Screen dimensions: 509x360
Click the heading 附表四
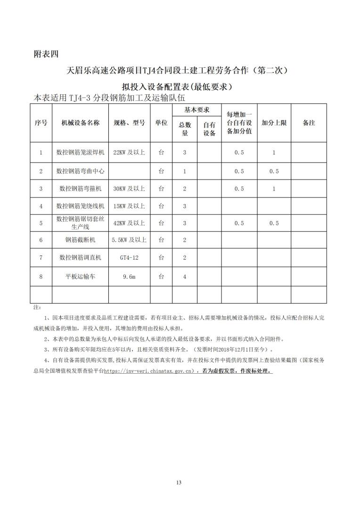[46, 53]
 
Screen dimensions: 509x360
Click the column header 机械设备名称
[80, 123]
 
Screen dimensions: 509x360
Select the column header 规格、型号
[129, 123]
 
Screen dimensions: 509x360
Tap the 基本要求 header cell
[196, 110]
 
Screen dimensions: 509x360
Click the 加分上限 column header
[274, 123]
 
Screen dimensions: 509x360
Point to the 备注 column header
[309, 123]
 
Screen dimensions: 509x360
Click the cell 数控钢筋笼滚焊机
[80, 153]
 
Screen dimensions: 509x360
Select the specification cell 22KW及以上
[129, 153]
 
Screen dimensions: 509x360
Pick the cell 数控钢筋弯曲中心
[80, 171]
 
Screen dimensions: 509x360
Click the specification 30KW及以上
[129, 189]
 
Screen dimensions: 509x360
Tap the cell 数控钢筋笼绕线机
[80, 206]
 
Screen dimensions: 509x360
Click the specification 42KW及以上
[129, 223]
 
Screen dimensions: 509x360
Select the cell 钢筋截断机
[80, 240]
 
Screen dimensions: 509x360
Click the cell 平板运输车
[80, 277]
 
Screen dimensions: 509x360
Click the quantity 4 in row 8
[184, 277]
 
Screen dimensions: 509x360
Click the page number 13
[179, 482]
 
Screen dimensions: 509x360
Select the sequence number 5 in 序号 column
[41, 223]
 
